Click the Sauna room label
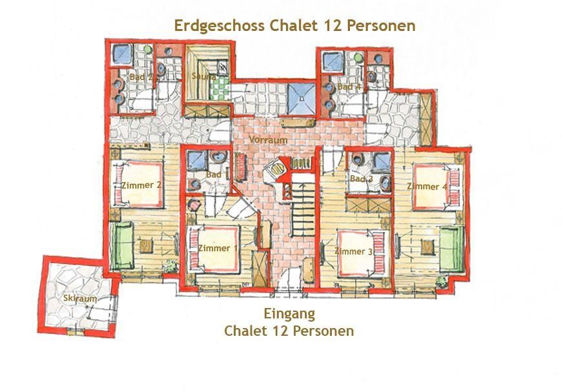pos(203,76)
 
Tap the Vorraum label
pos(268,139)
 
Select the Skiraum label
pos(80,298)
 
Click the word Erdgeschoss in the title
pos(219,26)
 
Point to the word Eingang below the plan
pos(289,314)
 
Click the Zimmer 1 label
pos(214,248)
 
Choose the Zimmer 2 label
pos(141,185)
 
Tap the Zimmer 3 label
pos(354,251)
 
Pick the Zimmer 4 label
pos(427,187)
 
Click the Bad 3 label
pos(362,179)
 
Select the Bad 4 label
pos(349,87)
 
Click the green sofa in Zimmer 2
pos(122,246)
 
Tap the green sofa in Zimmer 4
pos(451,249)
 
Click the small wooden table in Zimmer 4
pos(427,247)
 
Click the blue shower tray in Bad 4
pos(333,61)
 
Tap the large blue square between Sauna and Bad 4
pos(302,99)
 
